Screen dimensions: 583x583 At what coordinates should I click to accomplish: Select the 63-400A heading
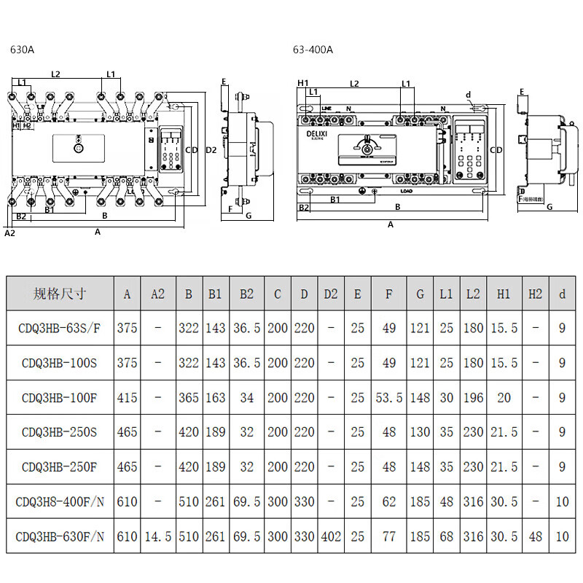[313, 50]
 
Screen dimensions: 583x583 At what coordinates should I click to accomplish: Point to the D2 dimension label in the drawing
[211, 149]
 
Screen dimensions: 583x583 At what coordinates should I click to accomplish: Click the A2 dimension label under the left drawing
[9, 233]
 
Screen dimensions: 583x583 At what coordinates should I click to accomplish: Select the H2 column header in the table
[535, 294]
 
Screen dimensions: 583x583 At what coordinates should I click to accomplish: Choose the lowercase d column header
[562, 294]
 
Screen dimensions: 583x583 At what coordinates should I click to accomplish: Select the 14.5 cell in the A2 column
[157, 536]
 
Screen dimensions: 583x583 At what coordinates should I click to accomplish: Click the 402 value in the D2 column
[330, 536]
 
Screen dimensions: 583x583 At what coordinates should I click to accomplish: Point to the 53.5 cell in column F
[389, 397]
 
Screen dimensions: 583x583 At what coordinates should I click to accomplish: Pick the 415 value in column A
[127, 397]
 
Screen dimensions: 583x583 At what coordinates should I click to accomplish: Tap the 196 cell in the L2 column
[472, 397]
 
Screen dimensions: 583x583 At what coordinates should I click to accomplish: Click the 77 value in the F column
[389, 536]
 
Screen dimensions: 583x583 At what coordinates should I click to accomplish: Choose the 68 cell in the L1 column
[446, 536]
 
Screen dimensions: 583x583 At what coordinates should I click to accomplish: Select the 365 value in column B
[189, 397]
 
